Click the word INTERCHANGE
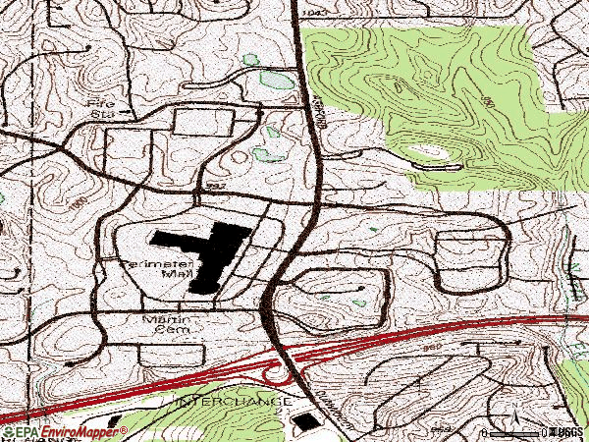coord(235,402)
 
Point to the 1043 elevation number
coord(314,12)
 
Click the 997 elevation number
coord(217,186)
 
